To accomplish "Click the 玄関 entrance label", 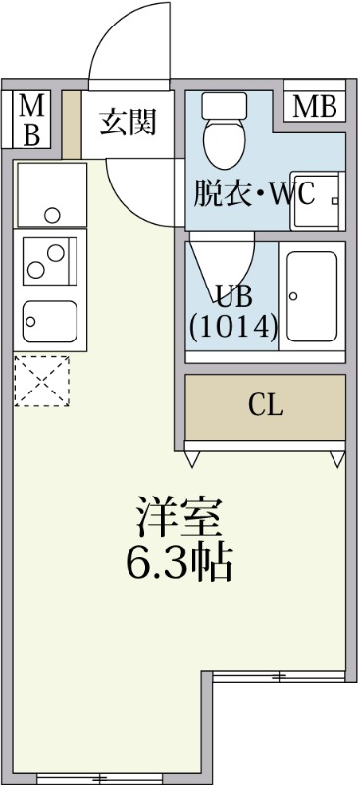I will click(x=129, y=123).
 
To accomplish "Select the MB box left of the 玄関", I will click(x=31, y=121).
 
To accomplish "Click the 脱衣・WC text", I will click(x=253, y=193).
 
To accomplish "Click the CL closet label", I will click(x=266, y=406).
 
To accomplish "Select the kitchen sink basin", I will click(x=50, y=319).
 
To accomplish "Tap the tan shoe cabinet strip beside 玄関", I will click(x=72, y=125).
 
